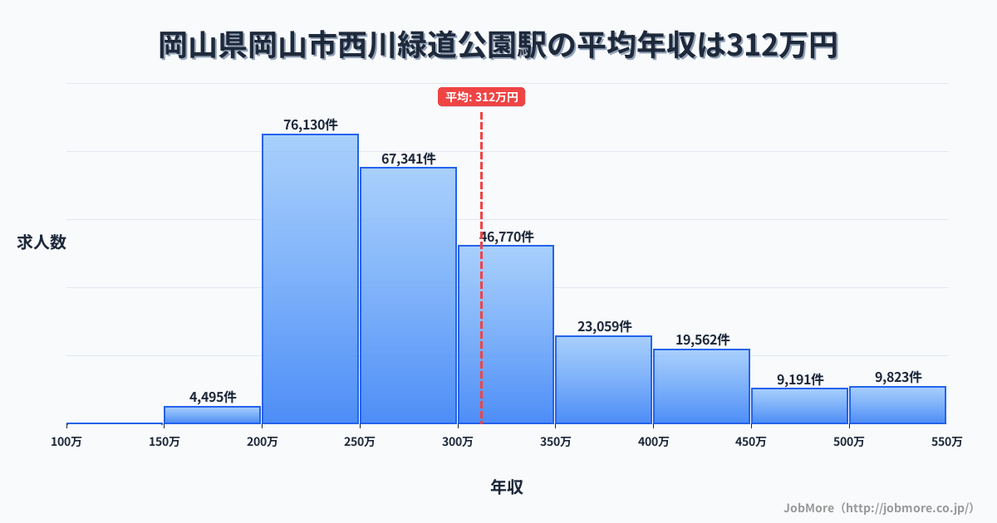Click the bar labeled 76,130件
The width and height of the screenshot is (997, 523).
click(310, 279)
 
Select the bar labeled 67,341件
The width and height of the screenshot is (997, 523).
click(408, 296)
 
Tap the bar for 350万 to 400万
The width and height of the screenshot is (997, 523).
click(603, 379)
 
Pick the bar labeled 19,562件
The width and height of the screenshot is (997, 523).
click(701, 386)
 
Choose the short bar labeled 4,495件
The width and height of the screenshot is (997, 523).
click(212, 415)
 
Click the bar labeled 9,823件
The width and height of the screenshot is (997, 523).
click(897, 405)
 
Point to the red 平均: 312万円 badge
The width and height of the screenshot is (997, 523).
click(482, 97)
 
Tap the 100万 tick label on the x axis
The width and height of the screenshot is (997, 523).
click(66, 442)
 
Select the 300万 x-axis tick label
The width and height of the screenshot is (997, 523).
click(457, 442)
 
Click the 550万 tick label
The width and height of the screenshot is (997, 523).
click(946, 442)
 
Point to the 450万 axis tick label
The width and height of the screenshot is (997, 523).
click(750, 442)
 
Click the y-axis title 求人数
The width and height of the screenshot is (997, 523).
click(42, 242)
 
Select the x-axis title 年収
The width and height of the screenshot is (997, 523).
click(506, 487)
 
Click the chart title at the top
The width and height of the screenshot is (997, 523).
click(498, 46)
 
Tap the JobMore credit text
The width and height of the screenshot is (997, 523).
click(878, 507)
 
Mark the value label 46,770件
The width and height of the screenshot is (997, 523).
click(507, 237)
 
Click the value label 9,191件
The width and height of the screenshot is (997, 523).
click(799, 379)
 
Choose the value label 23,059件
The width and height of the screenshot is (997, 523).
click(604, 327)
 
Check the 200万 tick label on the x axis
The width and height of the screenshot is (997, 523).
click(262, 442)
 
